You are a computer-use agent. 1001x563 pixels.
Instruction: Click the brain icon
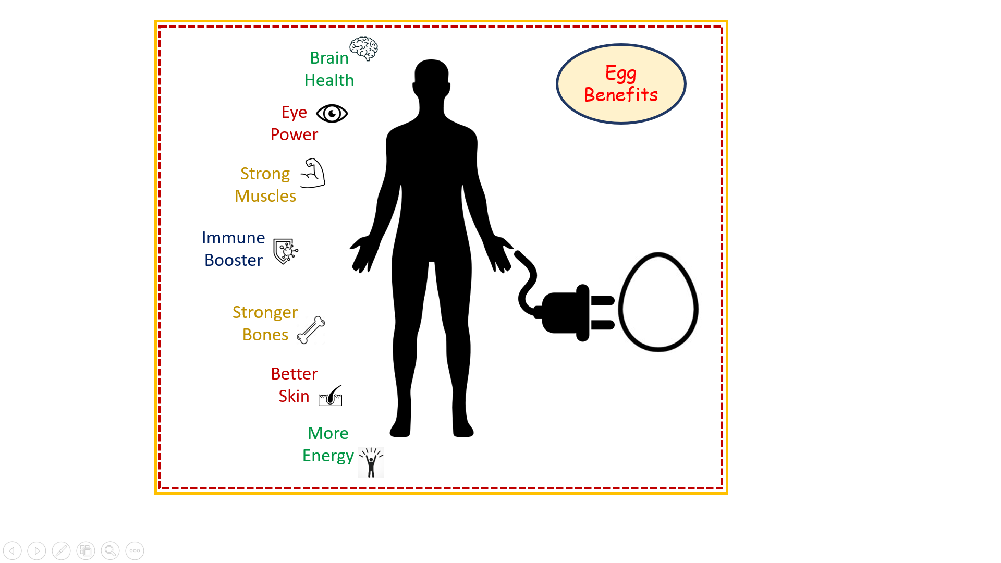click(x=364, y=48)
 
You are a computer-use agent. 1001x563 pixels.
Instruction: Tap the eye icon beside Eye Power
click(x=332, y=113)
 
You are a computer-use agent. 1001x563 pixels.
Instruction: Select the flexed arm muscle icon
click(x=313, y=173)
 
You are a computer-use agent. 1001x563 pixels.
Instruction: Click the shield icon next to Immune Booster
click(x=286, y=251)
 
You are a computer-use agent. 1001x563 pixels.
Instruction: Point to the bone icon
click(x=311, y=330)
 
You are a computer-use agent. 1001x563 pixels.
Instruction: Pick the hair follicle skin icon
click(x=331, y=396)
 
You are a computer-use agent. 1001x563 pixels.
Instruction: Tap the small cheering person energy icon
click(x=371, y=462)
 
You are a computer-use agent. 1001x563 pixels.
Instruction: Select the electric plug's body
click(x=566, y=313)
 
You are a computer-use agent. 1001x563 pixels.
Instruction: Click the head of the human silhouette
click(x=432, y=78)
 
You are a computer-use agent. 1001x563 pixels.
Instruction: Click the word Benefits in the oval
click(x=621, y=95)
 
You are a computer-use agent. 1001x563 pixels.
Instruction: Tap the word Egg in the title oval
click(x=621, y=74)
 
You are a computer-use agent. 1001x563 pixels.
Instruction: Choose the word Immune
click(x=234, y=238)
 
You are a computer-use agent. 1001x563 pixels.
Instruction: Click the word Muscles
click(x=265, y=196)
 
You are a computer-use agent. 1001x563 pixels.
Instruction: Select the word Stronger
click(x=265, y=313)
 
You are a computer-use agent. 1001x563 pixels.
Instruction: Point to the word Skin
click(x=294, y=396)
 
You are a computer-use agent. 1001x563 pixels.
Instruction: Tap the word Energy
click(x=328, y=456)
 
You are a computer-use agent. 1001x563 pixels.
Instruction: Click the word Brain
click(x=329, y=58)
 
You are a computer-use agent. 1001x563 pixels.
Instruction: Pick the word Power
click(x=294, y=134)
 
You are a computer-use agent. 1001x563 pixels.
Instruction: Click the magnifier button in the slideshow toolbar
click(x=110, y=550)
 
